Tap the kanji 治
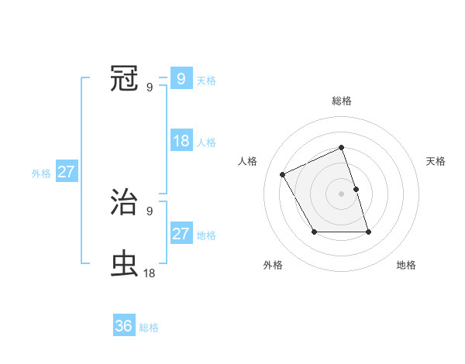125,202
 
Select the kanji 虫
125,264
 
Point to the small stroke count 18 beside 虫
149,273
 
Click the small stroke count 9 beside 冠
150,86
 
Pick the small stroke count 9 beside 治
150,211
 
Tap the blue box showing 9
181,78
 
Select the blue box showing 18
181,141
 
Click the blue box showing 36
124,326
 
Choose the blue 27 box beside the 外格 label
66,172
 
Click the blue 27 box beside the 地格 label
181,234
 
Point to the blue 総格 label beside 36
149,328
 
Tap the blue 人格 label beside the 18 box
206,143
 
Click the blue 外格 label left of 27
41,173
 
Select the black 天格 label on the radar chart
436,161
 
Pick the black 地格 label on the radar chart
406,266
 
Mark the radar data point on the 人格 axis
283,174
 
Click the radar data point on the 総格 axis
341,147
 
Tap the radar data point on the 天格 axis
356,189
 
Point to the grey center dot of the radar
341,194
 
